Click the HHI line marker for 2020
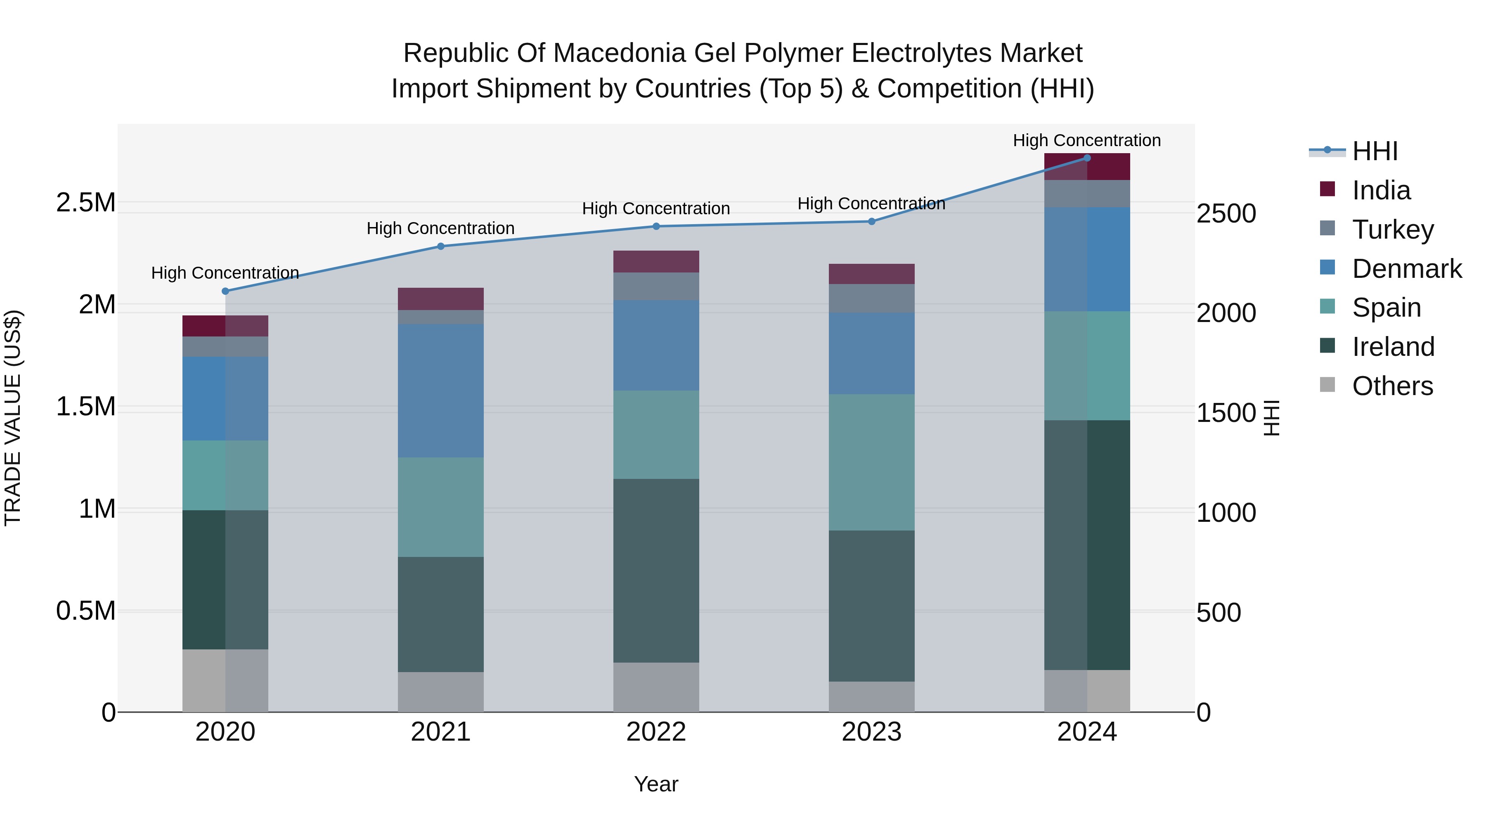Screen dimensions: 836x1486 [225, 291]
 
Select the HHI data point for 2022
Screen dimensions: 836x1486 [656, 226]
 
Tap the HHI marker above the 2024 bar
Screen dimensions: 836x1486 [1087, 158]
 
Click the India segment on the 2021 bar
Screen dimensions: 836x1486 [441, 299]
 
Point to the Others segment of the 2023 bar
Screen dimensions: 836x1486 [872, 696]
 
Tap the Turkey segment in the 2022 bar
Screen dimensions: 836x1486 [656, 286]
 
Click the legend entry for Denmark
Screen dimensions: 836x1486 [1406, 269]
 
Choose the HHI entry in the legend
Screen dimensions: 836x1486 [1374, 151]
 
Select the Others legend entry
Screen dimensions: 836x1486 [1392, 386]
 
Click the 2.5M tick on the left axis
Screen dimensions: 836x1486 [85, 203]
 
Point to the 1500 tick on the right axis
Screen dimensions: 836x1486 [1226, 413]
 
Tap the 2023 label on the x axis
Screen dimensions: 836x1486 [872, 732]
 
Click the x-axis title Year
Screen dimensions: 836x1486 [656, 784]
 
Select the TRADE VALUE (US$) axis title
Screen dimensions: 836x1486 [13, 418]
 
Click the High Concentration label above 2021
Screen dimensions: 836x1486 [441, 228]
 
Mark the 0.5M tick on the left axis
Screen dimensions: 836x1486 [85, 611]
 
